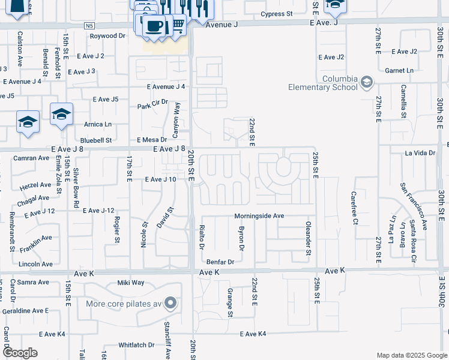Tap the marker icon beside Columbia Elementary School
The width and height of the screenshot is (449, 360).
coord(366,82)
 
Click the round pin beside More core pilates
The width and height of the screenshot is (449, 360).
coord(171,303)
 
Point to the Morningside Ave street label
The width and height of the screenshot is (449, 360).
coord(259,215)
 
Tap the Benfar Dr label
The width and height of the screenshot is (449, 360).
coord(220,262)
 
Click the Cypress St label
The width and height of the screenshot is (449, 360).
coord(277,13)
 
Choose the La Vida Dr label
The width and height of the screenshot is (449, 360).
coord(420,153)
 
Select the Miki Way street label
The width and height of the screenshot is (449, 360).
coord(131,283)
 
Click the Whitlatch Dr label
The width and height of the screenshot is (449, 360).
coord(136,345)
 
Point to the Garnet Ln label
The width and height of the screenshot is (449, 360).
coord(400,70)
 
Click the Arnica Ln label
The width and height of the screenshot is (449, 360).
coord(98,124)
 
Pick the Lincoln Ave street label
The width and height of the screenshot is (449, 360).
coord(36,264)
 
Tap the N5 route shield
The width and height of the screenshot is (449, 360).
coord(89,26)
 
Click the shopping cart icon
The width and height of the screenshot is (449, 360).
coord(178,24)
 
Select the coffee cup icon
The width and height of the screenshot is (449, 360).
coord(155,26)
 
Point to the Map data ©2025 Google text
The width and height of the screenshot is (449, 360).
coord(411,355)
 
